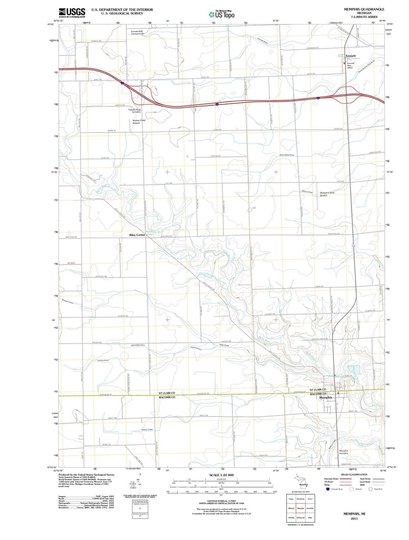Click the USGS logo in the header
[x=72, y=12]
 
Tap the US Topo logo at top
[x=222, y=14]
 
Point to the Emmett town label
[x=351, y=56]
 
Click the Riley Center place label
[x=137, y=235]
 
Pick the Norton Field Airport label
[x=139, y=121]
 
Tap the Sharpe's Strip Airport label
[x=327, y=194]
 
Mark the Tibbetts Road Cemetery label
[x=136, y=111]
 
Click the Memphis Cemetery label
[x=343, y=452]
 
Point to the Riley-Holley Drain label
[x=287, y=155]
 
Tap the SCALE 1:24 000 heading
[x=222, y=475]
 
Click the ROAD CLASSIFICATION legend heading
[x=354, y=475]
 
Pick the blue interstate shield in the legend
[x=328, y=489]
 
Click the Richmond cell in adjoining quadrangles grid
[x=301, y=517]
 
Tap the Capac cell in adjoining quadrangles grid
[x=291, y=499]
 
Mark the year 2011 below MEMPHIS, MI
[x=354, y=518]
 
